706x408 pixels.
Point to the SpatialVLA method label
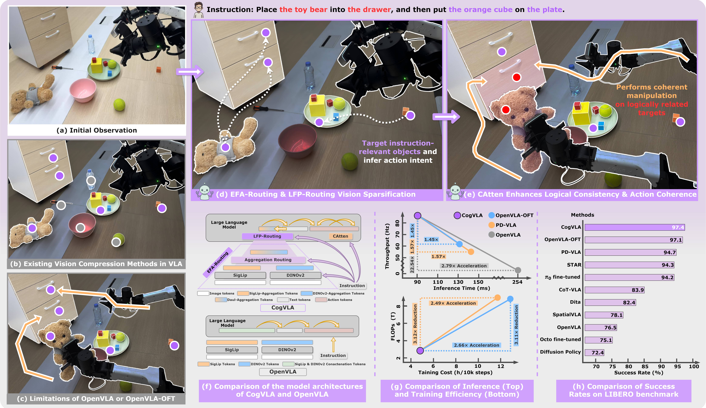tap(566, 314)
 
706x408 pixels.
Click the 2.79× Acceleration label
tap(464, 266)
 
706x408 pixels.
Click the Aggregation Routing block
tap(268, 260)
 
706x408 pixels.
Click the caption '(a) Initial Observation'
tap(97, 130)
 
